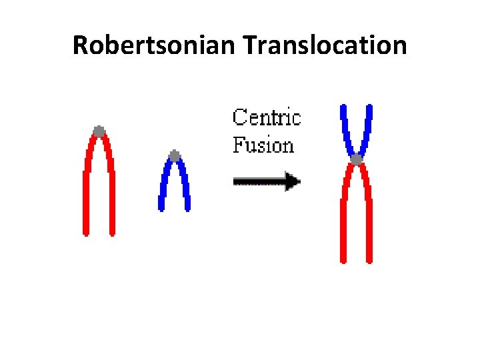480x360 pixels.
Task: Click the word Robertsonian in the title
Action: (155, 46)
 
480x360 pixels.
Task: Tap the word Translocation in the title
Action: (325, 46)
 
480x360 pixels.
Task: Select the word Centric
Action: (267, 119)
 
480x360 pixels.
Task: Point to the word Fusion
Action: (263, 144)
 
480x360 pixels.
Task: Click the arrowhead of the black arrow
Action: (292, 180)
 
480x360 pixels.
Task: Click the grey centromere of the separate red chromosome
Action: (99, 131)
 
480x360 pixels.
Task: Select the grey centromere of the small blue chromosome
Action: (174, 156)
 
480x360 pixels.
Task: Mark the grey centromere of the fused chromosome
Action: (357, 159)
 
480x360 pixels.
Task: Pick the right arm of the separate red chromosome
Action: (111, 193)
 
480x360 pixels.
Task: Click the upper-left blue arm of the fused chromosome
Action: (345, 130)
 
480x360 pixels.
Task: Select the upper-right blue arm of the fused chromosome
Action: (367, 130)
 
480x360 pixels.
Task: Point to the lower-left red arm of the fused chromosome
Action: (343, 220)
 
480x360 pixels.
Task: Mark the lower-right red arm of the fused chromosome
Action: (369, 220)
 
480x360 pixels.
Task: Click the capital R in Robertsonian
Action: (80, 46)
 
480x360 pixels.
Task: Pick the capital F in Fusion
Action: (237, 144)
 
